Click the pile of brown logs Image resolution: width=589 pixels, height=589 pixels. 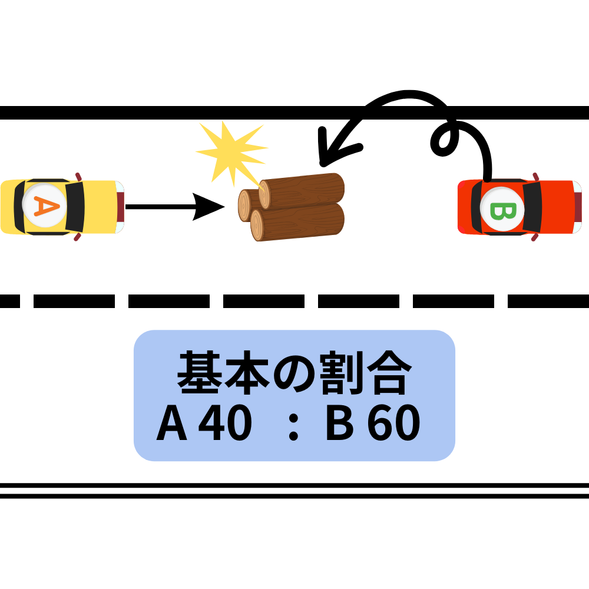pyautogui.click(x=292, y=206)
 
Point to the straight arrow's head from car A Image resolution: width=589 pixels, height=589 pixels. pyautogui.click(x=209, y=207)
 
